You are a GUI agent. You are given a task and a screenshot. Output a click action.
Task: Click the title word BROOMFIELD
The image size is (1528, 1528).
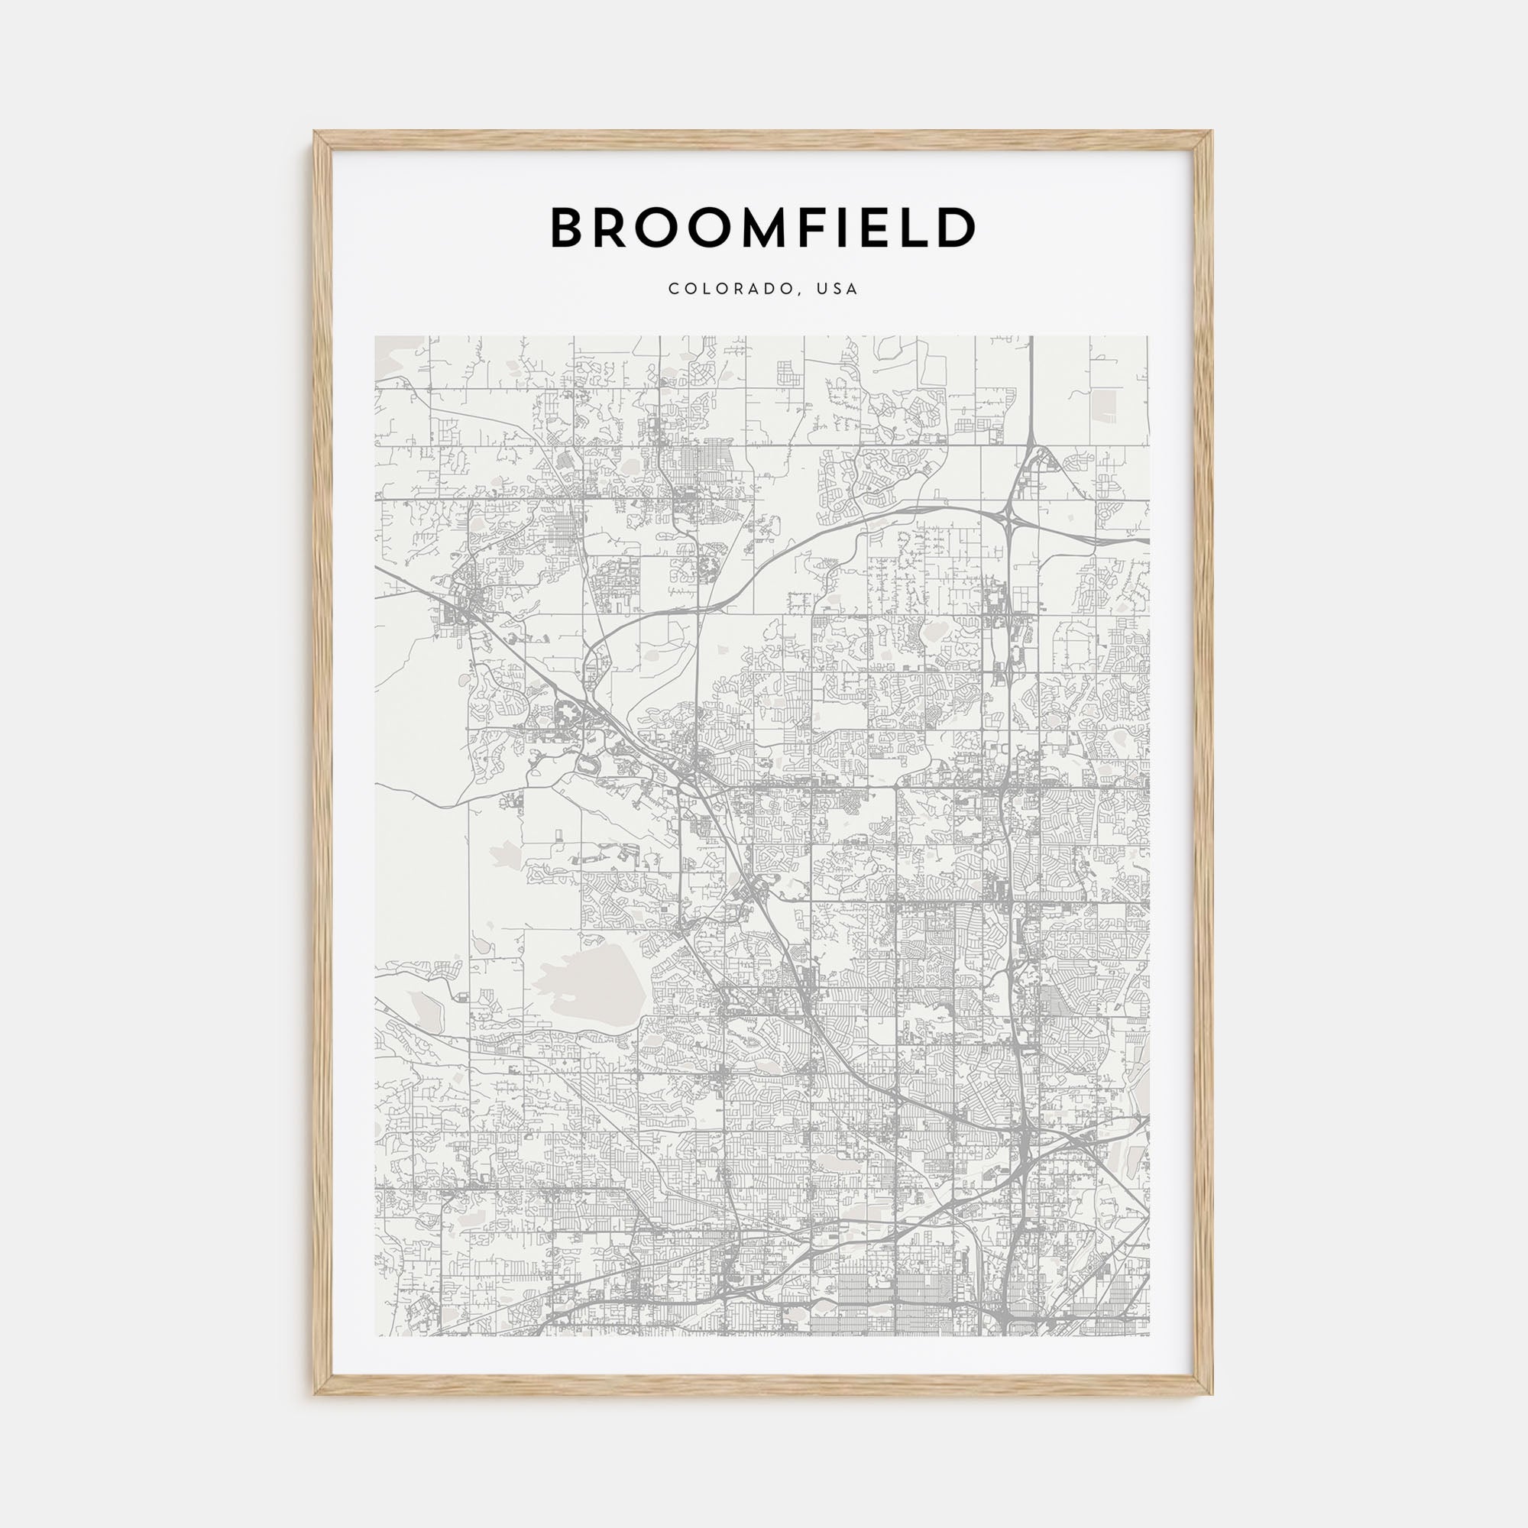[x=763, y=228]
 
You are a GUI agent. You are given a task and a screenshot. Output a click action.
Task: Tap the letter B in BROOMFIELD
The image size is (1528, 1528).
[x=568, y=228]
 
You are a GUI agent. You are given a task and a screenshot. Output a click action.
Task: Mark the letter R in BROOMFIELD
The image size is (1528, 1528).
[x=612, y=228]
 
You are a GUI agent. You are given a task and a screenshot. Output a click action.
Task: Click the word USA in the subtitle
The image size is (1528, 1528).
[x=838, y=290]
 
